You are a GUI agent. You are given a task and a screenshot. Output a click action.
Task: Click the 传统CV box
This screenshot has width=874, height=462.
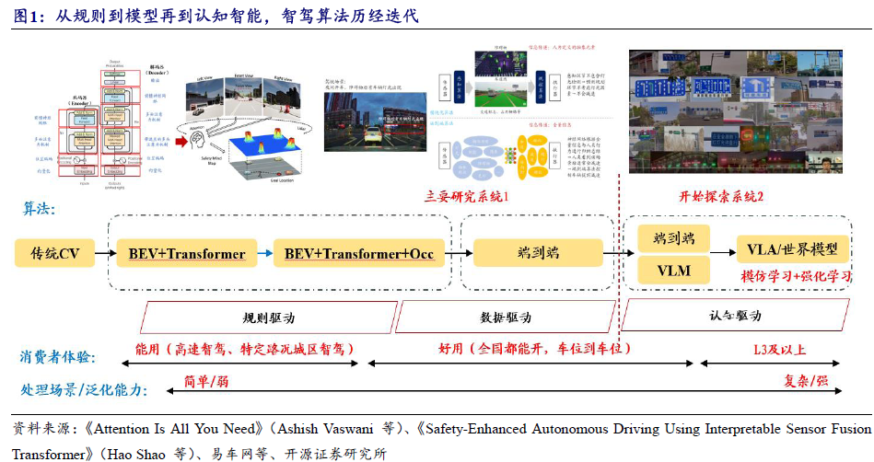(55, 253)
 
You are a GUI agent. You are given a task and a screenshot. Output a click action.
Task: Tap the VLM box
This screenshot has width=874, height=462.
(674, 271)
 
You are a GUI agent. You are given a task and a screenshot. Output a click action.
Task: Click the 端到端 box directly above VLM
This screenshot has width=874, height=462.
(674, 238)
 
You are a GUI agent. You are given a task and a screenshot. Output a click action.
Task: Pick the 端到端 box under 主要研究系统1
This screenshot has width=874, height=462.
(538, 253)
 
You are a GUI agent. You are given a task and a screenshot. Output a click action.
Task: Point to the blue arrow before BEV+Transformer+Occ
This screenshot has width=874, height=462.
(264, 253)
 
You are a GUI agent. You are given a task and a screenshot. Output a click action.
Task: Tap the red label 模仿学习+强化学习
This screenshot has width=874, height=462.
(798, 275)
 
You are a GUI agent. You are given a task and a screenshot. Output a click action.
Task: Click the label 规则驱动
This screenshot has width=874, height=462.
(268, 317)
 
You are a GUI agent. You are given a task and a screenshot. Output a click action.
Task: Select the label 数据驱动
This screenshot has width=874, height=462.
(506, 317)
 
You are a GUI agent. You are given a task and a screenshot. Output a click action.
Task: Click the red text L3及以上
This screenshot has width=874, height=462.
(779, 350)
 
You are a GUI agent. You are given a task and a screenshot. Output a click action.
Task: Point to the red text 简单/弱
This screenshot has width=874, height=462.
(206, 380)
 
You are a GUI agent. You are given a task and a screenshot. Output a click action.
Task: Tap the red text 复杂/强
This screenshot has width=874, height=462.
(806, 380)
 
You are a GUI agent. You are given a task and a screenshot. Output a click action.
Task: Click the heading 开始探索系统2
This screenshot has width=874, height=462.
(721, 197)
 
